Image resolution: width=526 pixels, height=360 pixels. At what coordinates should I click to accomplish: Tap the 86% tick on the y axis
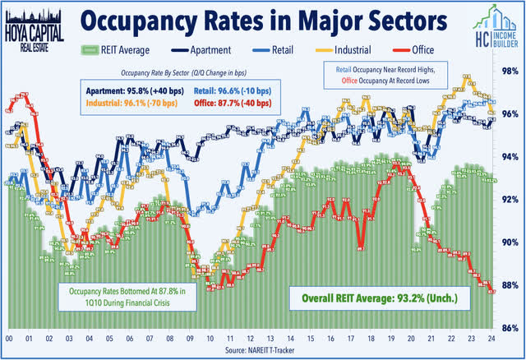510,328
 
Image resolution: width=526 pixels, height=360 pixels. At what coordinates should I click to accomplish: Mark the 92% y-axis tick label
510,199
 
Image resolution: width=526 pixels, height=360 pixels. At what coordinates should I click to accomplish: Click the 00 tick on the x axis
9,339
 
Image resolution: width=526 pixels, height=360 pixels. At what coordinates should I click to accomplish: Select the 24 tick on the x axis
491,339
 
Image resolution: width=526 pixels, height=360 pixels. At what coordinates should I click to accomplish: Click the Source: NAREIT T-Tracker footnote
263,352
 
